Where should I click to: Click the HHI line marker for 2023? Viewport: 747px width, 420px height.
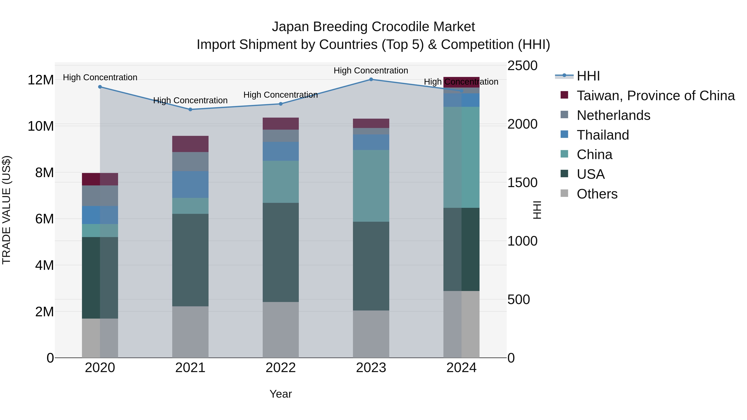(x=371, y=79)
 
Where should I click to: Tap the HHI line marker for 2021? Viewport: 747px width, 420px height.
(x=190, y=110)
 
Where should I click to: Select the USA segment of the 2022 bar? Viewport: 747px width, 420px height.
(x=280, y=252)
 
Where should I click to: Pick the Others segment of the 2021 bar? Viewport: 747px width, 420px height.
(x=190, y=332)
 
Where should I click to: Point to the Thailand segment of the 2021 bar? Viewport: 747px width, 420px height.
(x=190, y=184)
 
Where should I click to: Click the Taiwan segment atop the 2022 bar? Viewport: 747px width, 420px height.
(x=280, y=123)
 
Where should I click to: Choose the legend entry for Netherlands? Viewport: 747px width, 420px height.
(x=613, y=115)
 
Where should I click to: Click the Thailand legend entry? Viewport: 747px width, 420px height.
(x=603, y=135)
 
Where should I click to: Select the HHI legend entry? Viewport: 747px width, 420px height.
(x=588, y=76)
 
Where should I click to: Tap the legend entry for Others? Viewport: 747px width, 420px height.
(x=597, y=194)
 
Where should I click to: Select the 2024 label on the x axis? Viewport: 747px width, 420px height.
(x=461, y=368)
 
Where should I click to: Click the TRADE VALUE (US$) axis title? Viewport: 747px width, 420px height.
(x=6, y=210)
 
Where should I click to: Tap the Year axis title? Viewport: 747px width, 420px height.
(x=280, y=394)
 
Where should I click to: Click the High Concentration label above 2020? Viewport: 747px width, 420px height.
(x=100, y=77)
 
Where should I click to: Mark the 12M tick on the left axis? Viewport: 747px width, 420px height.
(x=41, y=80)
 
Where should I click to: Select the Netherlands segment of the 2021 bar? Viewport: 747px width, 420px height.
(x=190, y=161)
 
